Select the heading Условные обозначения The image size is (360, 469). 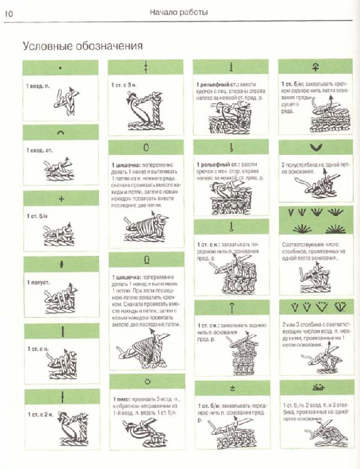pos(82,46)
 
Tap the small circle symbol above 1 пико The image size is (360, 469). pos(146,381)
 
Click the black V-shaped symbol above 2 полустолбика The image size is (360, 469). pos(312,147)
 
